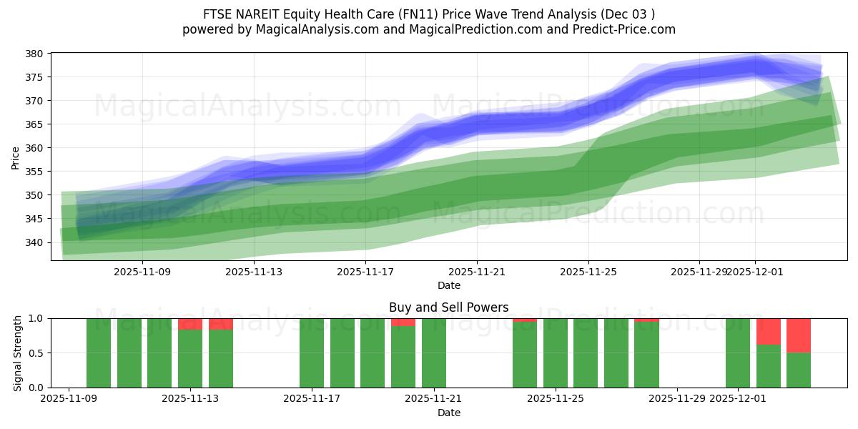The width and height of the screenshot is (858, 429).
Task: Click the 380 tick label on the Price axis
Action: pyautogui.click(x=36, y=54)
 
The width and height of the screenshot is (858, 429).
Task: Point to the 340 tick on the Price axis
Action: pyautogui.click(x=36, y=242)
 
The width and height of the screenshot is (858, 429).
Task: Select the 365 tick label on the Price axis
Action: pyautogui.click(x=36, y=124)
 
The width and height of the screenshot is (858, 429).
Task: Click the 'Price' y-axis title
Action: pyautogui.click(x=16, y=157)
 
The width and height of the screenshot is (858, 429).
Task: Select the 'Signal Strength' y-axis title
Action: pyautogui.click(x=18, y=352)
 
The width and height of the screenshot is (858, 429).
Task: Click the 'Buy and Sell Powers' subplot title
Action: pyautogui.click(x=448, y=307)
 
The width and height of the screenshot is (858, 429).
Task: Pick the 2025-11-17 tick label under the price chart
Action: pyautogui.click(x=365, y=272)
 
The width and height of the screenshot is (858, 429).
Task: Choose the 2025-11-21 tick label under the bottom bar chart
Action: pyautogui.click(x=434, y=399)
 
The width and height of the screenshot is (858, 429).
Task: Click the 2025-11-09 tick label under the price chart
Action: pyautogui.click(x=142, y=272)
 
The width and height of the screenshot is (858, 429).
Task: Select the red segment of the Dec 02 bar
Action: pyautogui.click(x=769, y=331)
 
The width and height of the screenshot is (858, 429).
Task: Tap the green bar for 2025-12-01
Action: pyautogui.click(x=738, y=353)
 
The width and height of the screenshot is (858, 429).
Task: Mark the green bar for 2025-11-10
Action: pyautogui.click(x=99, y=353)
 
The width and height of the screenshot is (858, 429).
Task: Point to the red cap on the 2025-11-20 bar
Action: pyautogui.click(x=403, y=322)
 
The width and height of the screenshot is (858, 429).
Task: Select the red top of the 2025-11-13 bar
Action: pyautogui.click(x=190, y=324)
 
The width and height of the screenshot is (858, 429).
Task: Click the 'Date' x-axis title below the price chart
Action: pyautogui.click(x=448, y=285)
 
